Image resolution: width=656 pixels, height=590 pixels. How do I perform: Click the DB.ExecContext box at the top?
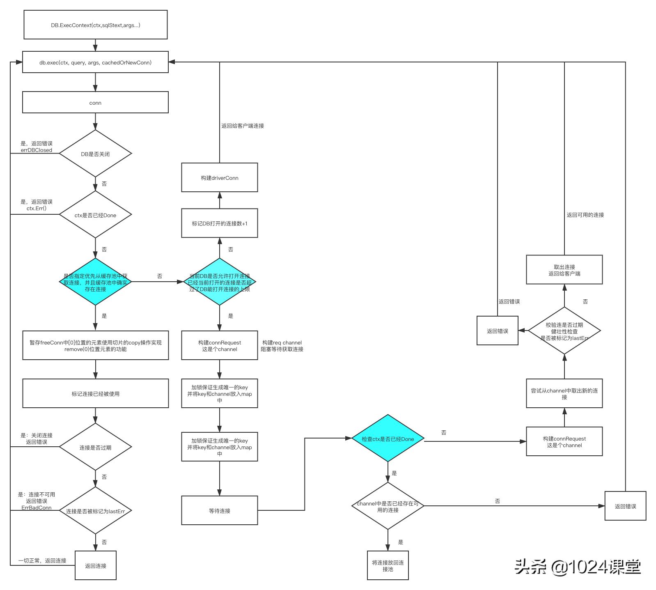tap(95, 25)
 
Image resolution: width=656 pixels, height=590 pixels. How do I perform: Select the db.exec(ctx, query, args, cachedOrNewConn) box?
tap(95, 62)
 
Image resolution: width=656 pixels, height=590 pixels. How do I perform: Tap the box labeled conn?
tap(95, 103)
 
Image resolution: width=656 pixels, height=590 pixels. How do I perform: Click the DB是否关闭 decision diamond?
tap(95, 154)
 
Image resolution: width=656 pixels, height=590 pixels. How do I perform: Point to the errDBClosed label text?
tap(37, 150)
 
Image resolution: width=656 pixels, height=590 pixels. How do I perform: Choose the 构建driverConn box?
tap(219, 178)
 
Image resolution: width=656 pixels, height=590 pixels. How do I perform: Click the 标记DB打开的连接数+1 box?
tap(219, 223)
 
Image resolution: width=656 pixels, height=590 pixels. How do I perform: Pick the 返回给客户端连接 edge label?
tap(243, 126)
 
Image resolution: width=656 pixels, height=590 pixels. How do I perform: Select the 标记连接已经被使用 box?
tap(95, 394)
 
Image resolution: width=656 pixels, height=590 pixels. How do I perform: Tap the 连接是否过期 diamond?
tap(95, 447)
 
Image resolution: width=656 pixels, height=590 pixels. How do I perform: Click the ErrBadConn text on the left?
tap(37, 508)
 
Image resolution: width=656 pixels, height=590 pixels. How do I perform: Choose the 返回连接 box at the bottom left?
tap(95, 566)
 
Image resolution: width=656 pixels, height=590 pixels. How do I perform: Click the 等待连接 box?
tap(219, 511)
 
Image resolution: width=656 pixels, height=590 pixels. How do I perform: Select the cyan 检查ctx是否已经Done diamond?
tap(388, 439)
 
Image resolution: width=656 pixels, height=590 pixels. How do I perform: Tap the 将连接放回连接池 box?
tap(388, 566)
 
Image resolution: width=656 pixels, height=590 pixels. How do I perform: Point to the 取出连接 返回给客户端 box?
tap(564, 270)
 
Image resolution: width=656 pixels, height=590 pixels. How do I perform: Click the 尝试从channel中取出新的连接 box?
tap(564, 394)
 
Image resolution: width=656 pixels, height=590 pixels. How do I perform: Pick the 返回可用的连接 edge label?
tap(585, 215)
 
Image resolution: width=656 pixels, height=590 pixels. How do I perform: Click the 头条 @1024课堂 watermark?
tap(578, 567)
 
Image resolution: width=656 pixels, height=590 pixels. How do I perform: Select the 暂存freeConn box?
tap(95, 346)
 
